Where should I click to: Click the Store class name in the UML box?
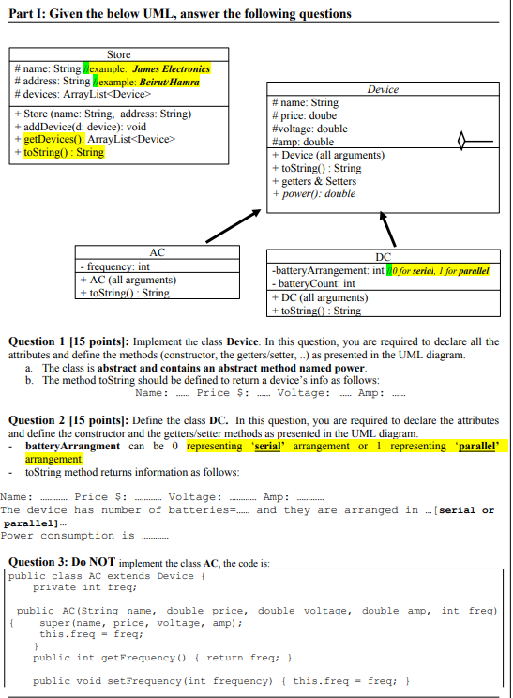tap(119, 55)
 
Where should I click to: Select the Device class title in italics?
tap(383, 89)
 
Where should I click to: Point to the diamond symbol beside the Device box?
tap(461, 143)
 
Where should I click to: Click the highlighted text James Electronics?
tap(172, 69)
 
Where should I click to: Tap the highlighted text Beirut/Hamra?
tap(172, 82)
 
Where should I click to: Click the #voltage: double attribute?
tap(309, 129)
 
